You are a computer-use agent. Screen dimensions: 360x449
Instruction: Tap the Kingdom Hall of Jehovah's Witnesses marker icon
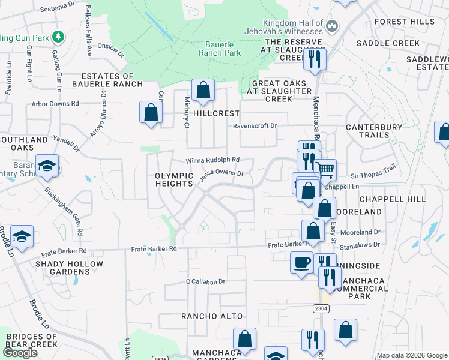[332, 25]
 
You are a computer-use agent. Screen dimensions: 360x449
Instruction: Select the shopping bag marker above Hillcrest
[203, 90]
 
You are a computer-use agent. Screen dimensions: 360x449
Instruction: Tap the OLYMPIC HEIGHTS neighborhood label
[173, 179]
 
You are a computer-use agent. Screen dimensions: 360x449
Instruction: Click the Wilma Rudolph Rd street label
[212, 160]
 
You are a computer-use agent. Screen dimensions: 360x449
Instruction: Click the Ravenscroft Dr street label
[255, 126]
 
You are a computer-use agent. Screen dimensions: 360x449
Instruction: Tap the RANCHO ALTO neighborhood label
[212, 316]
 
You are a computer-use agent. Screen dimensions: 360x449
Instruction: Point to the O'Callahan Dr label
[205, 281]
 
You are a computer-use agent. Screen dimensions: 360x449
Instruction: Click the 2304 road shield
[321, 308]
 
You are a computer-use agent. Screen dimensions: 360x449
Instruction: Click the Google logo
[20, 353]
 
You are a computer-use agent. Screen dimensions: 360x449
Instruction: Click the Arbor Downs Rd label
[56, 103]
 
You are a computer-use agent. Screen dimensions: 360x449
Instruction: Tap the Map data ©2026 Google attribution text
[411, 355]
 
